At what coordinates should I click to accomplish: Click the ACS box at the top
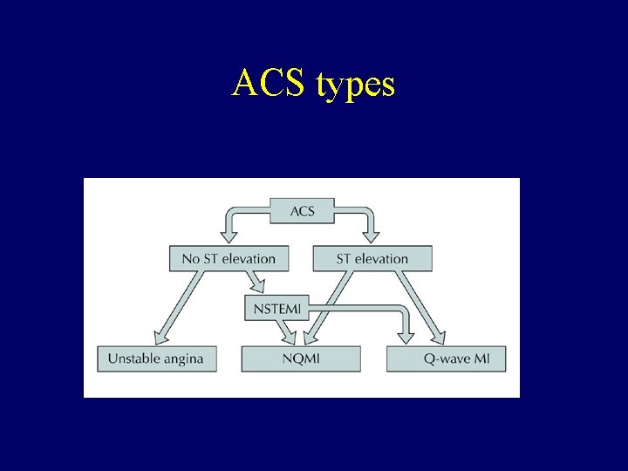(302, 211)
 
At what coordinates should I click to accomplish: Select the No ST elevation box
(229, 258)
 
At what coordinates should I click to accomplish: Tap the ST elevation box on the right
(372, 258)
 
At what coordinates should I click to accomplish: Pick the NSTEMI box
(276, 308)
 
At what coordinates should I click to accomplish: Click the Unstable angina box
(156, 358)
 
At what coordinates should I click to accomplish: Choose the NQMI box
(301, 358)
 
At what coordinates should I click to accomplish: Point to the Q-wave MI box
(446, 358)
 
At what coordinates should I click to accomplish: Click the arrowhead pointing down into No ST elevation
(230, 234)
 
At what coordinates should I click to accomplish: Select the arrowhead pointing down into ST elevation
(372, 234)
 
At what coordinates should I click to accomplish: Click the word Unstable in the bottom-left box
(133, 358)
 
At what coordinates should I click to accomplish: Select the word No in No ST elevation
(191, 258)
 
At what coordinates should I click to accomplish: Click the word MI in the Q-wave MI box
(481, 358)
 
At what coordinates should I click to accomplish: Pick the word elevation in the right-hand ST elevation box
(381, 258)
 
